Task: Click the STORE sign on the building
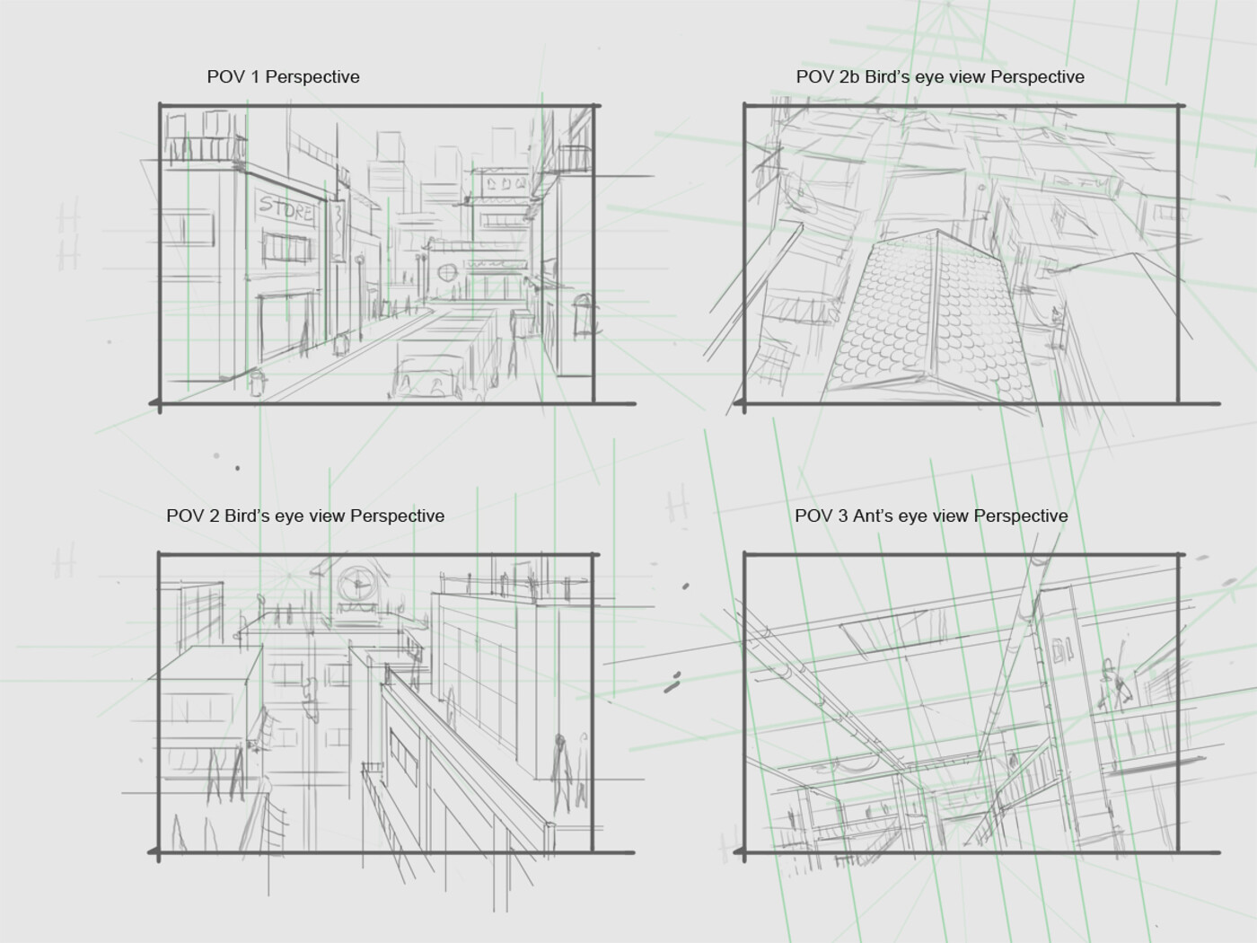[x=286, y=207]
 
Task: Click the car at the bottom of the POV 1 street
[x=426, y=375]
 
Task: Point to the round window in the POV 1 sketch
[x=446, y=272]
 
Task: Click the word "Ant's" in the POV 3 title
[x=874, y=516]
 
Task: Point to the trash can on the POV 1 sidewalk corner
[x=257, y=382]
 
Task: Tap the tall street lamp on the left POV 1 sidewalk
[x=360, y=298]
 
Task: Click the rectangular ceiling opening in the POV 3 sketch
[x=884, y=631]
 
